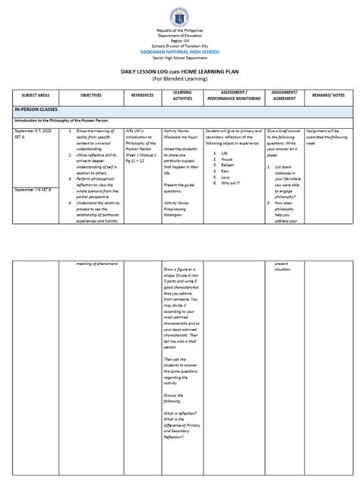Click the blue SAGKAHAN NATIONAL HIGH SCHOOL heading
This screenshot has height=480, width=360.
(179, 52)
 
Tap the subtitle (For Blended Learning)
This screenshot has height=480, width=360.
(179, 77)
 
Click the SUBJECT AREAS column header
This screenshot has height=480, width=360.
(35, 96)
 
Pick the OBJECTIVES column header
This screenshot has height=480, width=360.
(96, 96)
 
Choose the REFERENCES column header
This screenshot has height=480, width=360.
(142, 96)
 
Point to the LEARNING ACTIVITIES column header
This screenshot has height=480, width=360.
(182, 96)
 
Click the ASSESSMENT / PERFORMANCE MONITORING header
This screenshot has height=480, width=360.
(231, 96)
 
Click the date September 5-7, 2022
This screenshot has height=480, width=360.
(35, 131)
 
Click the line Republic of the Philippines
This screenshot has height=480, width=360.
(179, 34)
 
